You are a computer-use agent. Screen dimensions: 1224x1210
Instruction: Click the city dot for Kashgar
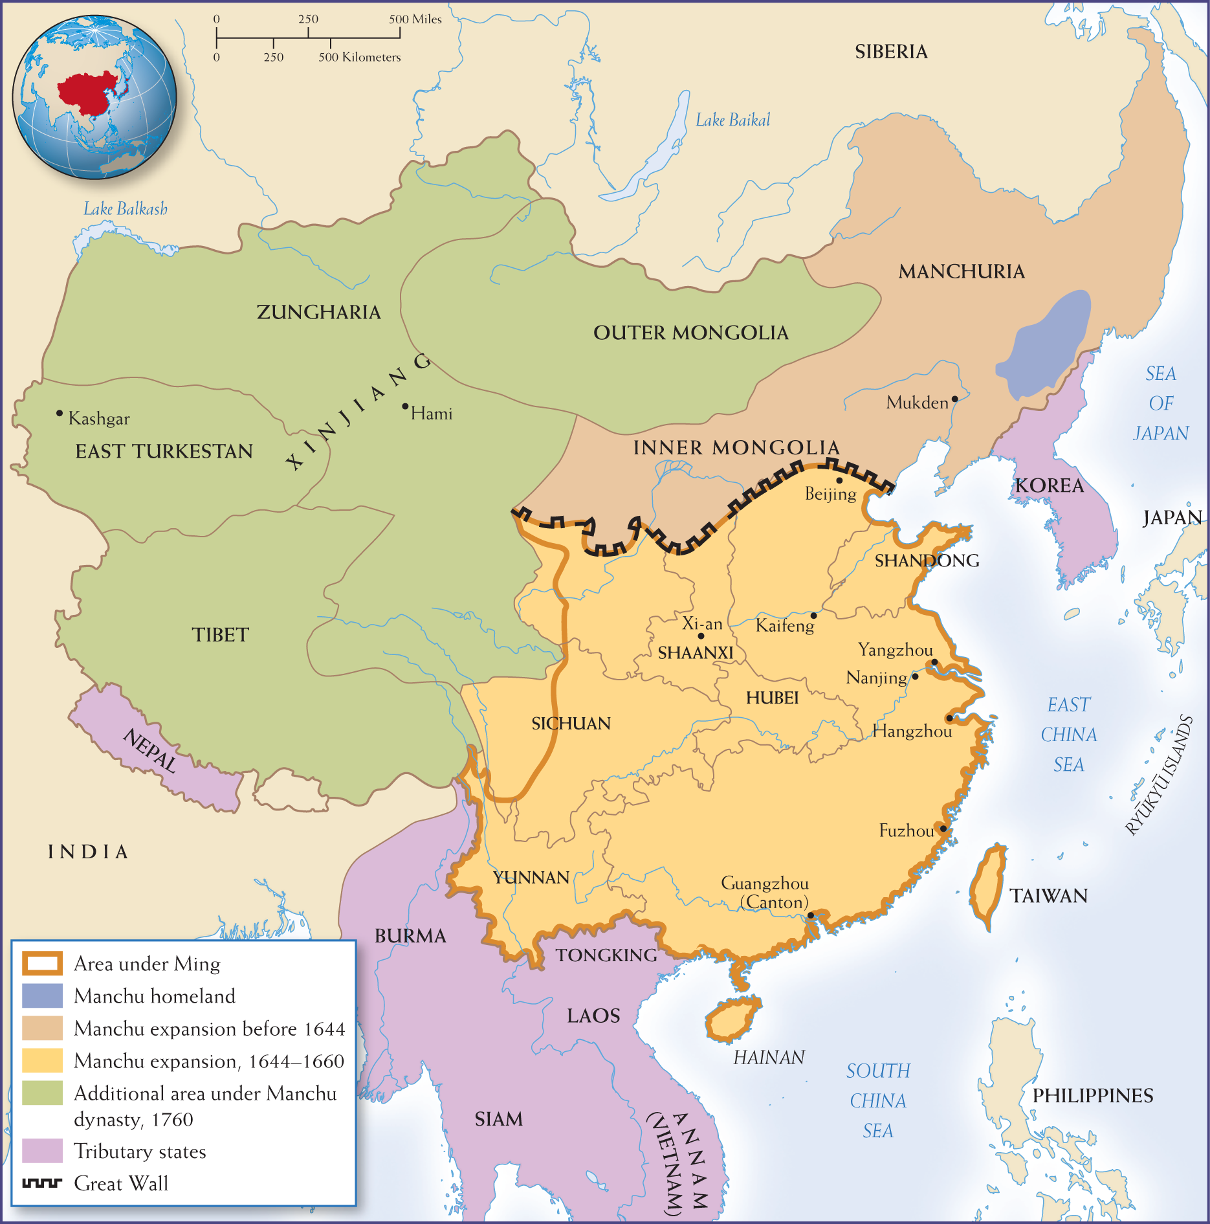(60, 413)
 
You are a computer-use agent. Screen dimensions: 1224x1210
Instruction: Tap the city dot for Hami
(405, 406)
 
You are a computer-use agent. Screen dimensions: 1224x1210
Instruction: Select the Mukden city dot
(954, 399)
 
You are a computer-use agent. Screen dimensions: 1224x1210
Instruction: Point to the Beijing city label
(830, 494)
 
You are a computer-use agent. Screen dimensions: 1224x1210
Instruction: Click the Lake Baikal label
(732, 120)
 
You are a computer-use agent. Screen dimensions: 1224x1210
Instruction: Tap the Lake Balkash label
(125, 208)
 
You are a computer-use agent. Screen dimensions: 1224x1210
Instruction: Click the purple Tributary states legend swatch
(43, 1151)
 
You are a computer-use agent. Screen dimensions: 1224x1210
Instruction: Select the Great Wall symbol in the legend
(43, 1183)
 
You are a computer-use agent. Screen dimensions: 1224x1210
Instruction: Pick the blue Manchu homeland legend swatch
(43, 996)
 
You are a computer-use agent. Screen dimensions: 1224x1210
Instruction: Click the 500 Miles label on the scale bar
(415, 19)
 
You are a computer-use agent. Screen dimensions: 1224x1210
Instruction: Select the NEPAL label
(149, 751)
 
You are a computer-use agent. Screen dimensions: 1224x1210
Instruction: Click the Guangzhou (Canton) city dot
(810, 915)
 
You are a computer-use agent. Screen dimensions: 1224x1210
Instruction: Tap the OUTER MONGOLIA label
(690, 333)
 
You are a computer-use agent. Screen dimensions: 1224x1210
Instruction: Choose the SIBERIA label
(891, 52)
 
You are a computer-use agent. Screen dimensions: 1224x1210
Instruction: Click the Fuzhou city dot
(943, 829)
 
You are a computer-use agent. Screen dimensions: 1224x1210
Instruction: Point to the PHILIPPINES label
(1092, 1096)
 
